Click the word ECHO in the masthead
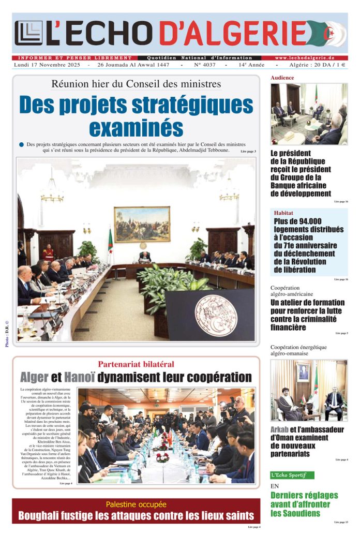(x=108, y=33)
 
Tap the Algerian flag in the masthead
(x=329, y=34)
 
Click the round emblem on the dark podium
(x=216, y=316)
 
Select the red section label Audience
(x=282, y=78)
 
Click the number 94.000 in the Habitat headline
(x=320, y=221)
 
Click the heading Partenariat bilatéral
(x=136, y=364)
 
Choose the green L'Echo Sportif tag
(x=292, y=474)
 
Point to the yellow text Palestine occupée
(x=136, y=504)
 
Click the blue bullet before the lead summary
(x=21, y=145)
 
